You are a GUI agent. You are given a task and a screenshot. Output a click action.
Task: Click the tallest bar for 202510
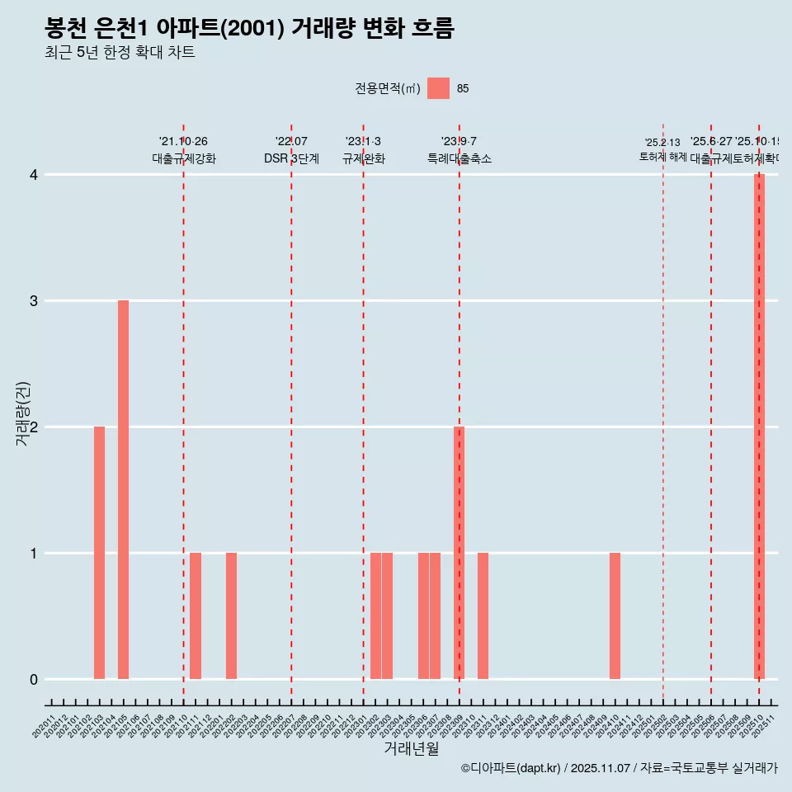[x=759, y=427]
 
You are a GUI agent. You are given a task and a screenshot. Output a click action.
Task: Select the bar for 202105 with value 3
[x=123, y=489]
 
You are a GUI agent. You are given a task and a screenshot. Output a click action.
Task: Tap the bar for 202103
[x=99, y=553]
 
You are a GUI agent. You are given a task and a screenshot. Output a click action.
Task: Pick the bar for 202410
[x=615, y=615]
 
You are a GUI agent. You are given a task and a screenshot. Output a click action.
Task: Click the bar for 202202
[x=231, y=615]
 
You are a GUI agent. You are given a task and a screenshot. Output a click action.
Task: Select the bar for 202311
[x=483, y=615]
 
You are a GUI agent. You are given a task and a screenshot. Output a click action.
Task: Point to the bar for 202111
[x=196, y=615]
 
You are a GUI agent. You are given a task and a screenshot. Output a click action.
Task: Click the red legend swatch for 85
[x=438, y=88]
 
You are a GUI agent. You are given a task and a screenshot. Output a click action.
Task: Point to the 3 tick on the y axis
[x=34, y=301]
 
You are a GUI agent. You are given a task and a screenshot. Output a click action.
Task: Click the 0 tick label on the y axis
[x=34, y=680]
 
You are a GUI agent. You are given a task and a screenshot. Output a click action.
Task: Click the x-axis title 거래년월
[x=411, y=748]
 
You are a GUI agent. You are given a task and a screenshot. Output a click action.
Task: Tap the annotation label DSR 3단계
[x=291, y=158]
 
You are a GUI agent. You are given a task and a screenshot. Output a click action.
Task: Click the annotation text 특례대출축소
[x=459, y=158]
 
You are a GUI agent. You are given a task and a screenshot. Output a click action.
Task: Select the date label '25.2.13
[x=662, y=143]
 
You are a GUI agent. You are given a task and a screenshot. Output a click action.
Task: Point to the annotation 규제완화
[x=363, y=158]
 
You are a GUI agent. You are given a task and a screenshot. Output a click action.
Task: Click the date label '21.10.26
[x=183, y=142]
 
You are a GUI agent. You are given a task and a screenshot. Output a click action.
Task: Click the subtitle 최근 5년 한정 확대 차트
[x=120, y=53]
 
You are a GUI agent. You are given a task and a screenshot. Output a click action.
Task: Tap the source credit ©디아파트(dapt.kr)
[x=511, y=768]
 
